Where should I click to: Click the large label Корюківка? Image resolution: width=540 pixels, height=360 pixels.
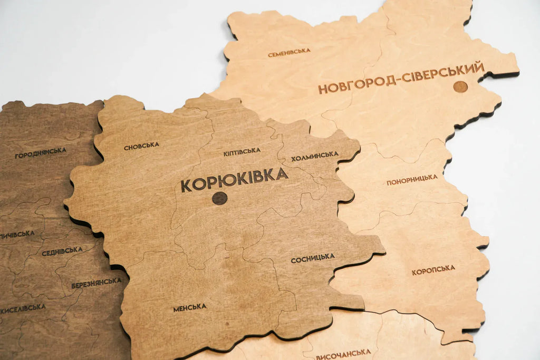coord(234,179)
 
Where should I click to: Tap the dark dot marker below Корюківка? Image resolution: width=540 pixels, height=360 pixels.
coord(219,198)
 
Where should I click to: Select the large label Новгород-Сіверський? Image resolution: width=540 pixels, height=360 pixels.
coord(401,78)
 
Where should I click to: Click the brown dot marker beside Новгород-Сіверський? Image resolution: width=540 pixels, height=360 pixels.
coord(460,86)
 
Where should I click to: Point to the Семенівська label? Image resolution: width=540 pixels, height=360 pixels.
coord(288,53)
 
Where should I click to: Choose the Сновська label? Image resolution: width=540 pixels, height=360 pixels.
coord(141,145)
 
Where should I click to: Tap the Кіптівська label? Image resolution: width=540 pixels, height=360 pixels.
coord(242,152)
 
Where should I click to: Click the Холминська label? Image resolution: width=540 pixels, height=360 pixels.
coord(314,155)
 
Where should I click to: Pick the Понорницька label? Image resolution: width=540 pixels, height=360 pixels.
coord(412,180)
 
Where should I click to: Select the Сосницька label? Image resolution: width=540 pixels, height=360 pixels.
coord(313,258)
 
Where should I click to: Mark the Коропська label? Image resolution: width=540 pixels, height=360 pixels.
coord(433,269)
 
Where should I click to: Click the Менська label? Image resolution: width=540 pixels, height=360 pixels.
coord(190,307)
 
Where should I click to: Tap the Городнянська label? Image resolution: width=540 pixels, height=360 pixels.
coord(41,153)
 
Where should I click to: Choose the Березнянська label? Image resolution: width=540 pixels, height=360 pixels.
coord(97,283)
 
